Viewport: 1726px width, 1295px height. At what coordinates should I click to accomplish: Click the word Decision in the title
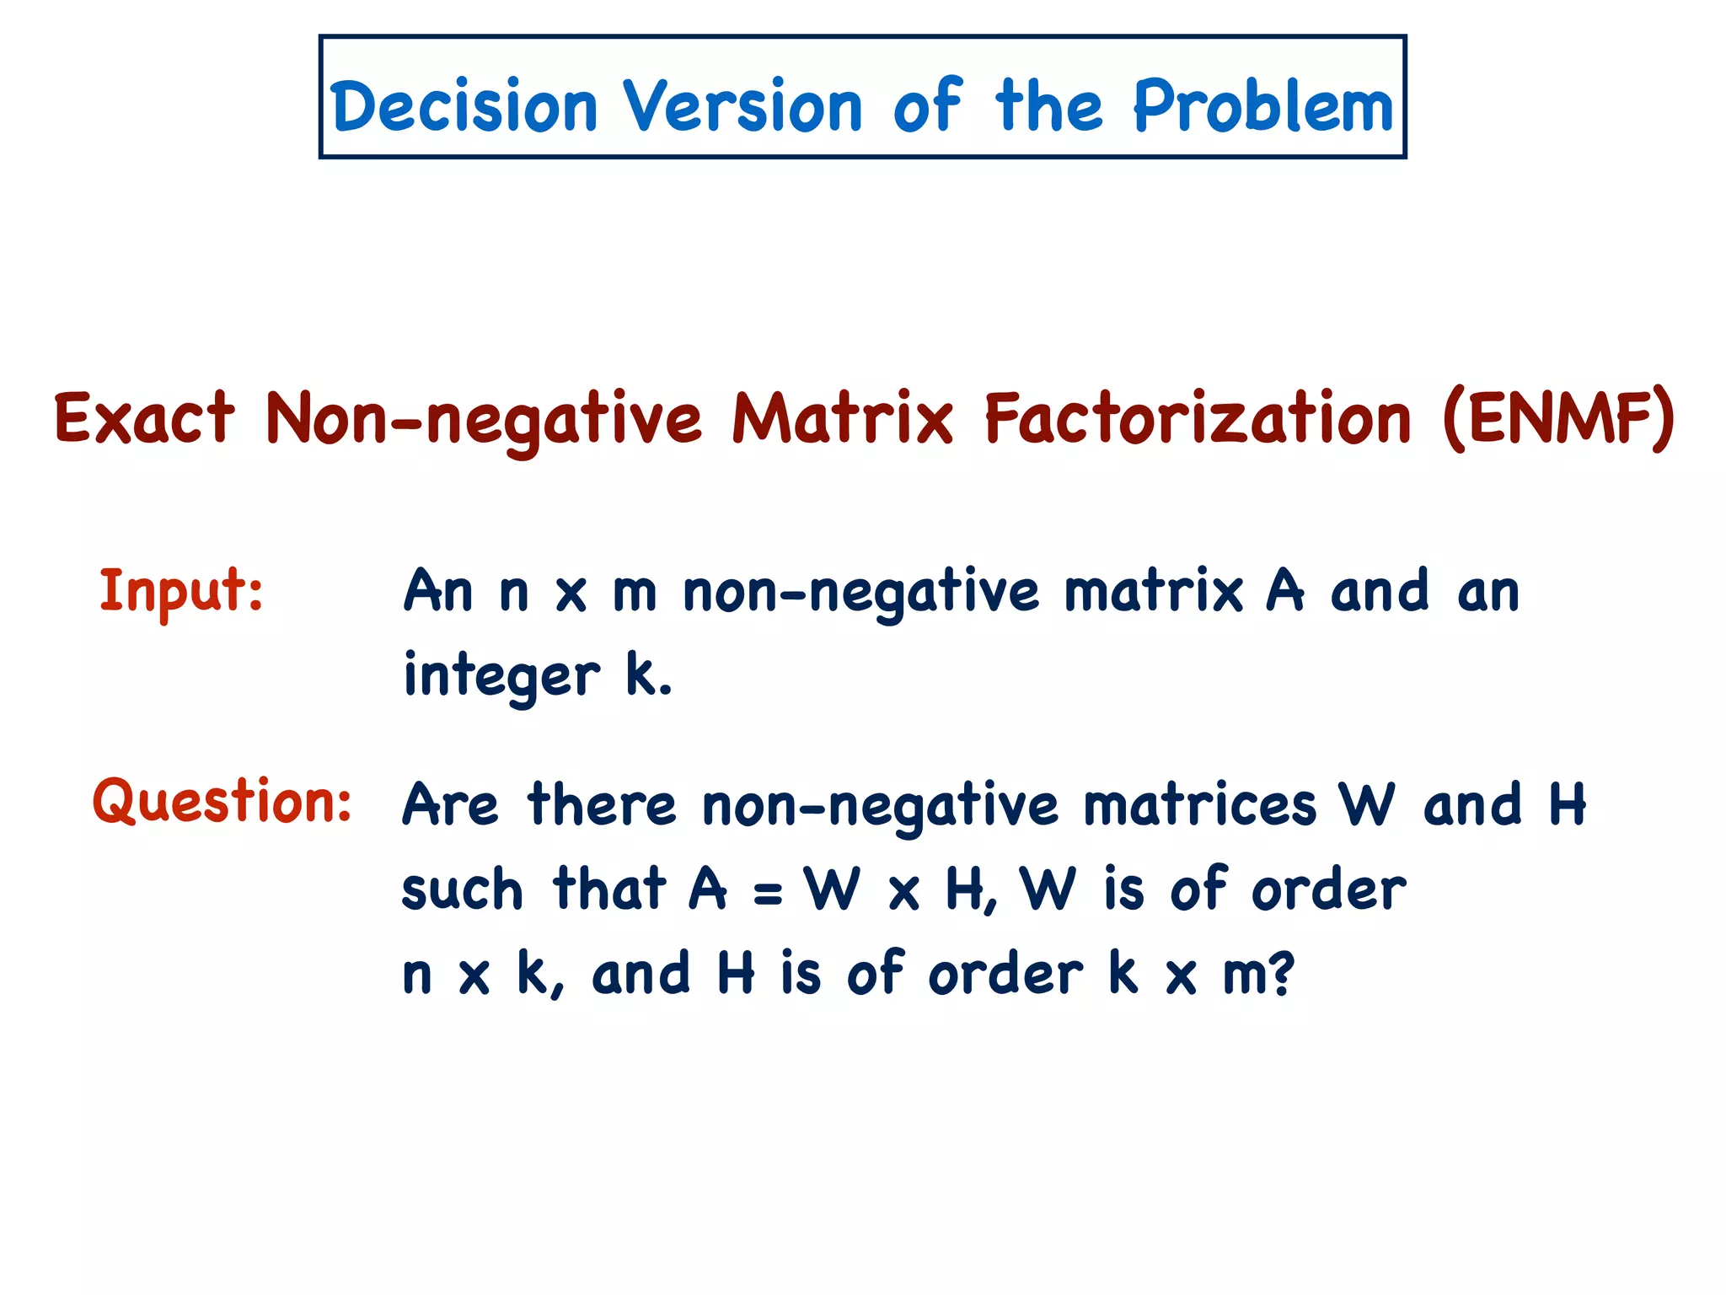coord(464,106)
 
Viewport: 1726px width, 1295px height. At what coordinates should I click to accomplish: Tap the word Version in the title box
coord(742,106)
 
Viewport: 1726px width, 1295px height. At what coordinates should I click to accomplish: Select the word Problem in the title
coord(1262,106)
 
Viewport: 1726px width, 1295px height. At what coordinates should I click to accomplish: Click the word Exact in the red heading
coord(144,418)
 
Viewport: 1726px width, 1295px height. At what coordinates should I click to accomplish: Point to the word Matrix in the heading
coord(842,418)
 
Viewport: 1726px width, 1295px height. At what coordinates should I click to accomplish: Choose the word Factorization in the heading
coord(1198,418)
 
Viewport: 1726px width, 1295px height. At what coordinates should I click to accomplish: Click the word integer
coord(501,676)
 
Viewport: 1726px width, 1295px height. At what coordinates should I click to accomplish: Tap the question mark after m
coord(1279,975)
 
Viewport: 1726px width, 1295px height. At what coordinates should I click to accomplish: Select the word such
coord(462,890)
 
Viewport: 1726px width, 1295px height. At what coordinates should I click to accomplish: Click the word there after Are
coord(602,804)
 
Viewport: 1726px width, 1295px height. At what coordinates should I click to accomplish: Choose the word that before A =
coord(609,889)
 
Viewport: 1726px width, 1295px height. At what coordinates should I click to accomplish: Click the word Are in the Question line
coord(450,804)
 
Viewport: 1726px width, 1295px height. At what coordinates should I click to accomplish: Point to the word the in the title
coord(1048,106)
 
